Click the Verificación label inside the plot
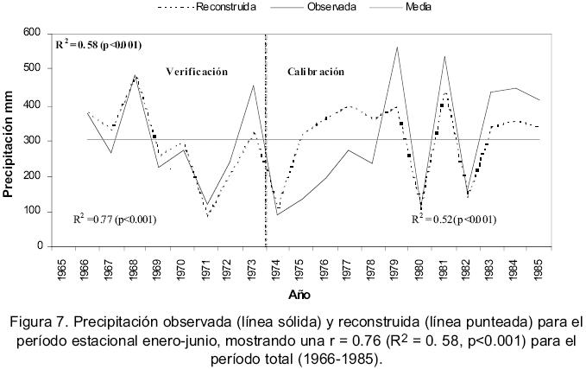click(x=197, y=72)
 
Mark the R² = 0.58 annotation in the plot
click(x=98, y=44)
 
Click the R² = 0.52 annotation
click(x=453, y=219)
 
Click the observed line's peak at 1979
click(x=397, y=47)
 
